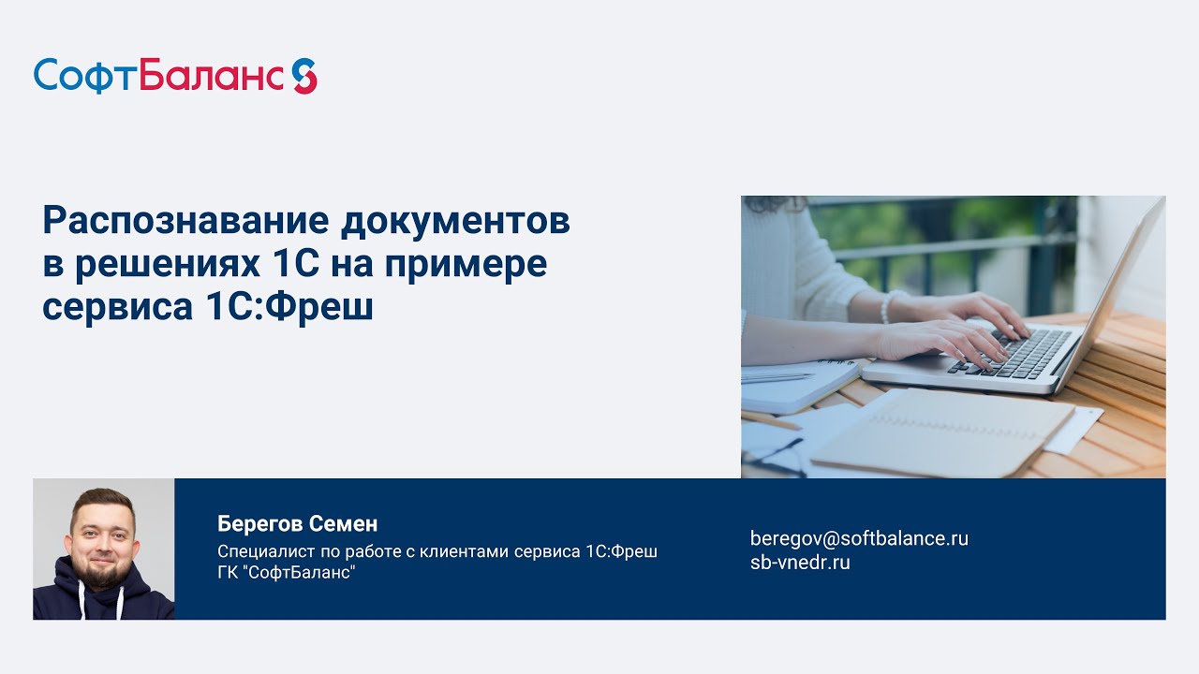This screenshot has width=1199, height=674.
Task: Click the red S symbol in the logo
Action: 303,76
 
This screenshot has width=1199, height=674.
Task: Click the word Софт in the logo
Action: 85,76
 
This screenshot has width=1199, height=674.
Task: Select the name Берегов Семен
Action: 297,524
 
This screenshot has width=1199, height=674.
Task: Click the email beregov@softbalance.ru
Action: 859,538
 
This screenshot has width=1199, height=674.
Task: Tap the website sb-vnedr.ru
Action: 800,563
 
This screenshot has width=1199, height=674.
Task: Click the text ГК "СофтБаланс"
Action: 287,572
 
